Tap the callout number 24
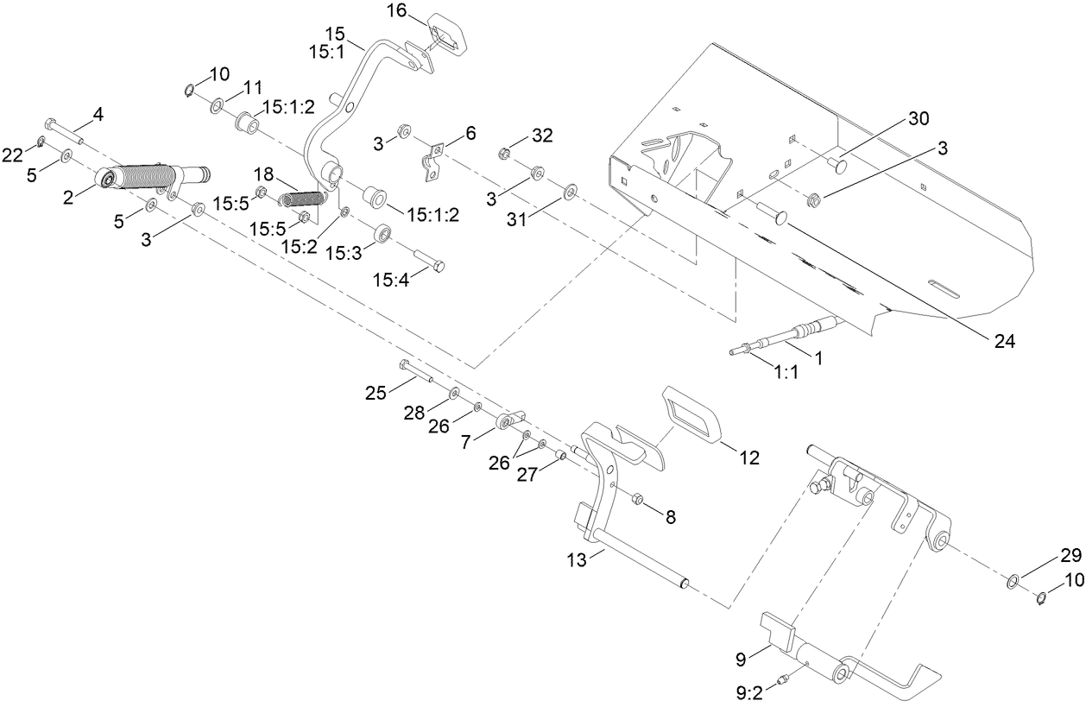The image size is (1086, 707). (1002, 341)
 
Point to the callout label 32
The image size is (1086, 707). (542, 136)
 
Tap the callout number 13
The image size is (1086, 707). (577, 559)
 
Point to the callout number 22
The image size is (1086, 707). (12, 154)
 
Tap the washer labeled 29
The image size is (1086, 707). (1013, 578)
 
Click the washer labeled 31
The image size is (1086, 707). (570, 190)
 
